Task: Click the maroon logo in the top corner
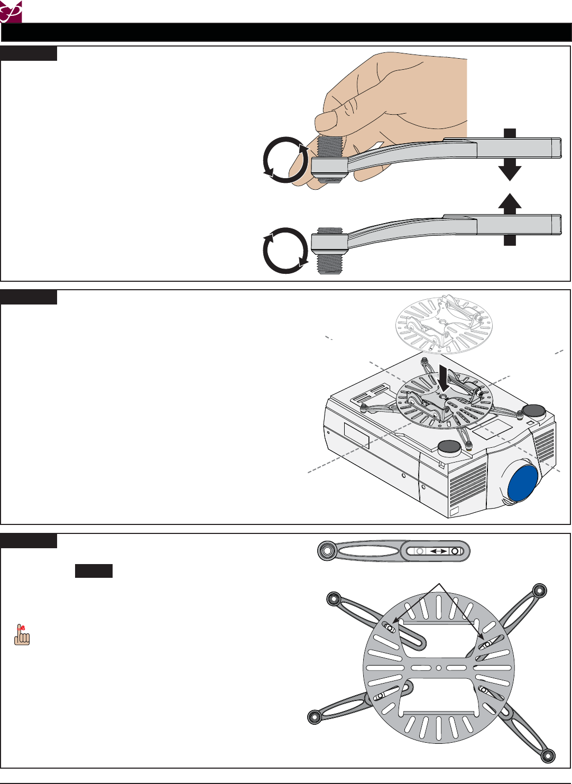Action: coord(11,11)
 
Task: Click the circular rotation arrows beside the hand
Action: coord(285,160)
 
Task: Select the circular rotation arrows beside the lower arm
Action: coord(285,251)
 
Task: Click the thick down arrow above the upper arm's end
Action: coord(510,156)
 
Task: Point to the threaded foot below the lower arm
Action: coord(329,265)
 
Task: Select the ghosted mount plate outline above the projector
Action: coord(444,322)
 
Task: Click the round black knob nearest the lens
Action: coord(449,447)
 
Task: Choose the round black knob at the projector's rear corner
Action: coord(533,411)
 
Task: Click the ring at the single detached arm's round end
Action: coord(327,551)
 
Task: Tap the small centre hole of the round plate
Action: coord(439,668)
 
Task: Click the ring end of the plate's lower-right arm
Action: coord(548,754)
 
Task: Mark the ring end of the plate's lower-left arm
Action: coord(316,716)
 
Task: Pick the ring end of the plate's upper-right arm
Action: coord(539,590)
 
